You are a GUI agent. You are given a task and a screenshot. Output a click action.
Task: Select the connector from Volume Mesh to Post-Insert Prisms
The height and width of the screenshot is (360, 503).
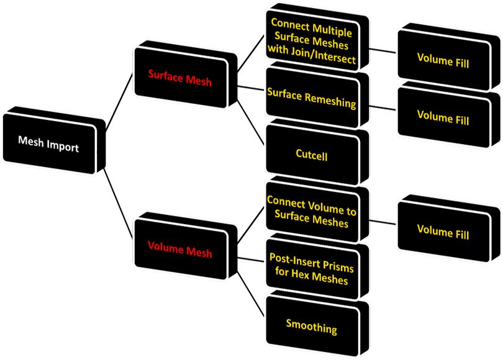tap(251, 259)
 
